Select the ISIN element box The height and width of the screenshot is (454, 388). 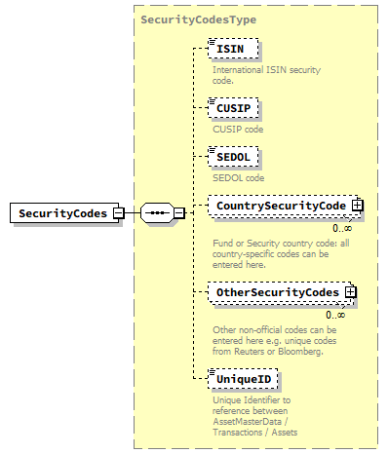point(230,47)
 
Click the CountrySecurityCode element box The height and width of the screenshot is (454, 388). point(281,206)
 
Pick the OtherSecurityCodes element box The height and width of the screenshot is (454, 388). point(277,291)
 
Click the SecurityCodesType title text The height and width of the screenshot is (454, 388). point(200,19)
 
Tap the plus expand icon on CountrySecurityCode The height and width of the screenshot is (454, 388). point(358,206)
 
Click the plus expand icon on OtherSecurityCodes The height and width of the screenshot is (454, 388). point(350,291)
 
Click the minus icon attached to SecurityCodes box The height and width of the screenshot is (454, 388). point(117,212)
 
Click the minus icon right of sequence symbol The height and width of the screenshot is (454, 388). point(179,212)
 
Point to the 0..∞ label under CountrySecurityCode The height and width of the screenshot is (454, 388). point(343,228)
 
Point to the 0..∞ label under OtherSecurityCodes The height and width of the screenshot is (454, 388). point(335,314)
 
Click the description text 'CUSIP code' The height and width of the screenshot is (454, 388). point(238,128)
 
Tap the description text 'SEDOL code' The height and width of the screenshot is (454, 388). point(238,178)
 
